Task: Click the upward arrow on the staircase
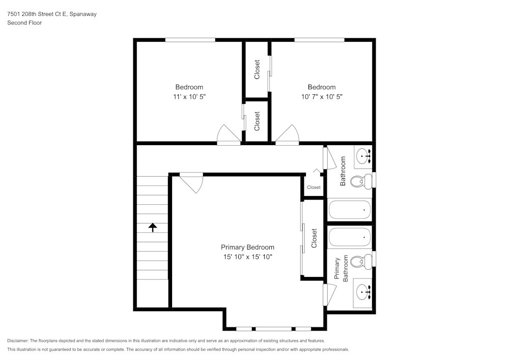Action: click(153, 227)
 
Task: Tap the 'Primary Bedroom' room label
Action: click(247, 247)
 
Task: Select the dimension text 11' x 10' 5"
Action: click(189, 96)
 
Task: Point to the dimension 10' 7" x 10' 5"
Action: click(321, 96)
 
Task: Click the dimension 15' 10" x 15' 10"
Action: click(247, 257)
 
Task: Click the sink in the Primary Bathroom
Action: click(363, 292)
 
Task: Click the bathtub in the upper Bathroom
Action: click(349, 209)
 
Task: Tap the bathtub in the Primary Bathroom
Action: click(349, 237)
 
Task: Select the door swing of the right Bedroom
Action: click(288, 135)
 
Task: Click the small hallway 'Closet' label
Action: click(314, 187)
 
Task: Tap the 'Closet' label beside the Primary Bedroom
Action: click(314, 238)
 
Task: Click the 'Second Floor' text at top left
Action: click(24, 23)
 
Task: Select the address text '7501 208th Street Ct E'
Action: click(38, 14)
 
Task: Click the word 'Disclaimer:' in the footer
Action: click(18, 341)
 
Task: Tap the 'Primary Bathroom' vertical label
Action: click(341, 269)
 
